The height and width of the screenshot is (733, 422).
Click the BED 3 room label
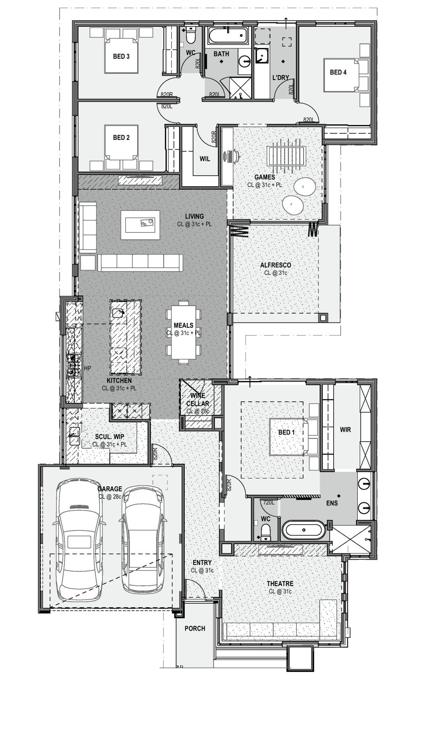(x=121, y=56)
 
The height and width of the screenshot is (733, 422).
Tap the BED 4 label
(x=338, y=72)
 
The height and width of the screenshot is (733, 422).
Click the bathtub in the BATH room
(x=227, y=36)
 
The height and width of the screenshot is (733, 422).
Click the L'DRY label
(x=280, y=78)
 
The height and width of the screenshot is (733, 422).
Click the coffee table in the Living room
(x=140, y=225)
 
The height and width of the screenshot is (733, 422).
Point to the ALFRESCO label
(x=276, y=265)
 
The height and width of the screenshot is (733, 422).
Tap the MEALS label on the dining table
(x=184, y=325)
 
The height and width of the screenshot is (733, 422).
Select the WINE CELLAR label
(x=198, y=400)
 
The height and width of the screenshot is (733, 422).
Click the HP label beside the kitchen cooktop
(x=87, y=368)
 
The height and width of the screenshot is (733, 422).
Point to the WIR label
(x=345, y=430)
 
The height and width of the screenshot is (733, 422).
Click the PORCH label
(x=195, y=629)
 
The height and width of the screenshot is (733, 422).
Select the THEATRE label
(x=280, y=584)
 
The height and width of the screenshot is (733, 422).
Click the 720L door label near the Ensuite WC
(x=269, y=503)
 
